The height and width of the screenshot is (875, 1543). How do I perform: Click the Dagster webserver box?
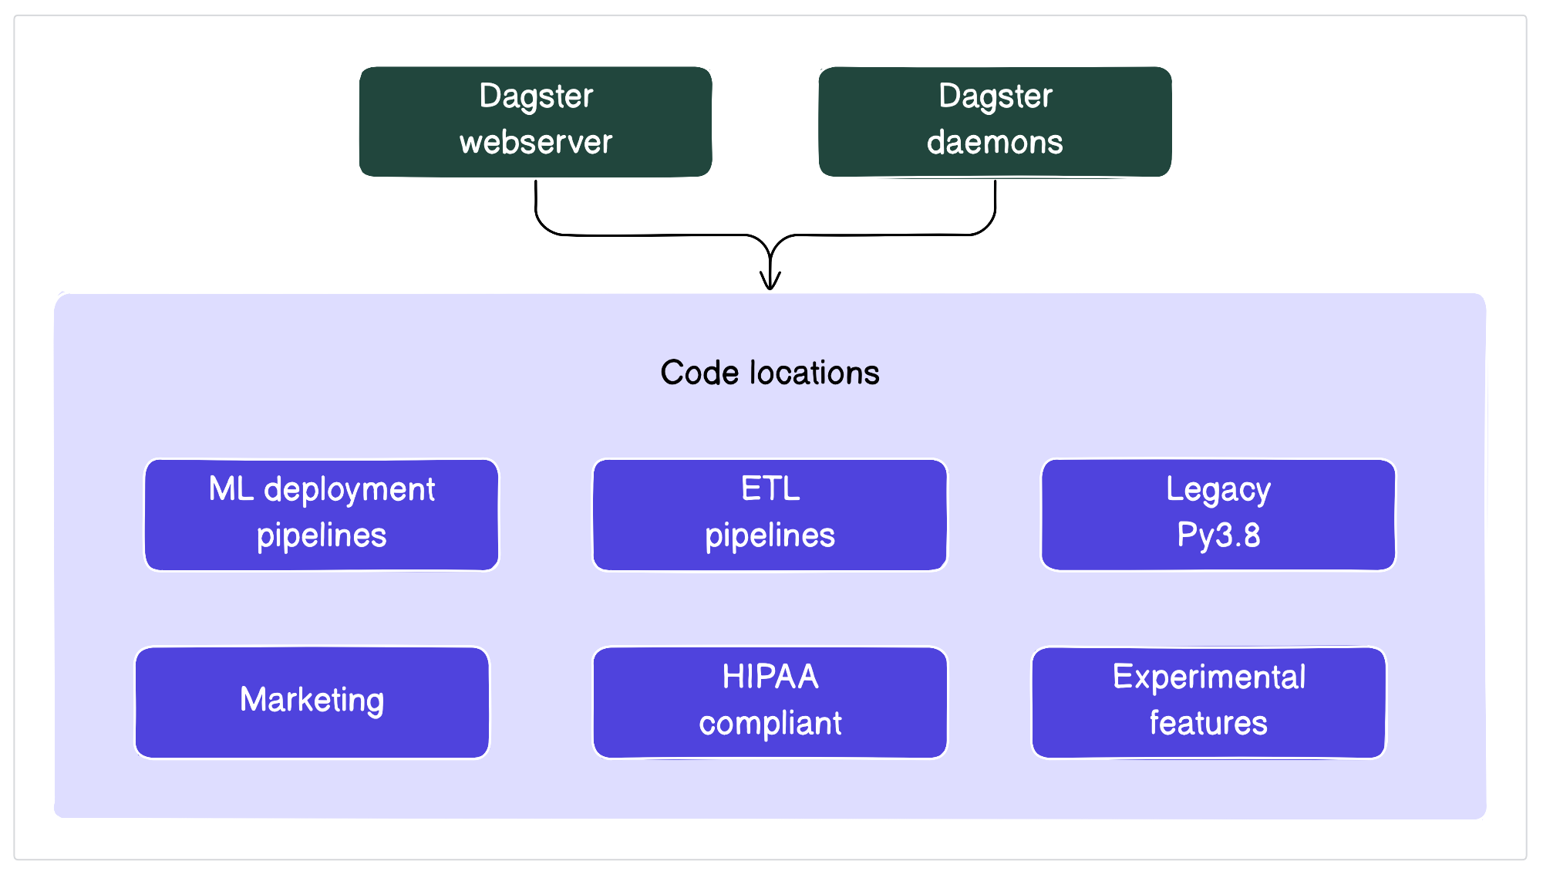pyautogui.click(x=535, y=121)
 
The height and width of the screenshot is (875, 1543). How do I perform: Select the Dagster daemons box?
pyautogui.click(x=995, y=121)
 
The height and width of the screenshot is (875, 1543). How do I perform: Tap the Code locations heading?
pyautogui.click(x=770, y=373)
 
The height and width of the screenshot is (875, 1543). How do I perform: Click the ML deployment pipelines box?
pyautogui.click(x=322, y=515)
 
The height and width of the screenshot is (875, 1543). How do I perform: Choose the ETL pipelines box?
pyautogui.click(x=770, y=515)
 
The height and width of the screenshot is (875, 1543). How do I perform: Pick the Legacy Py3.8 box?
pyautogui.click(x=1218, y=515)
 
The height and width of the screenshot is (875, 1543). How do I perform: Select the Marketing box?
pyautogui.click(x=312, y=702)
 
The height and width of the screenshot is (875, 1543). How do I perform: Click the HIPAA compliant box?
pyautogui.click(x=770, y=702)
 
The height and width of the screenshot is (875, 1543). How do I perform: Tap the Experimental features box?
pyautogui.click(x=1208, y=702)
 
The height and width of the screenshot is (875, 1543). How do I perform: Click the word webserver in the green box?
pyautogui.click(x=535, y=143)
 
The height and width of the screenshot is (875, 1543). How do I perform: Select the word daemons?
pyautogui.click(x=995, y=143)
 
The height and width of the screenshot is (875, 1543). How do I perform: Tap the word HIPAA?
pyautogui.click(x=770, y=677)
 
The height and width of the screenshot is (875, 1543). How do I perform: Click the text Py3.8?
pyautogui.click(x=1218, y=535)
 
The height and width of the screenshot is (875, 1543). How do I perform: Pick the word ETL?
pyautogui.click(x=770, y=488)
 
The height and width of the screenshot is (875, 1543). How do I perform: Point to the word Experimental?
pyautogui.click(x=1208, y=677)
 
